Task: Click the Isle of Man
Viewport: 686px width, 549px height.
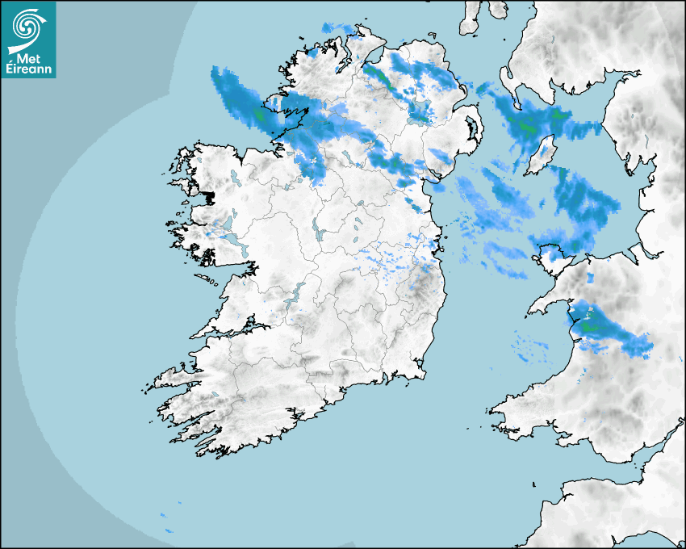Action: [x=542, y=156]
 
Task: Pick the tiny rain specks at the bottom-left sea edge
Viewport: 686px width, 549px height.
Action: [x=168, y=522]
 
